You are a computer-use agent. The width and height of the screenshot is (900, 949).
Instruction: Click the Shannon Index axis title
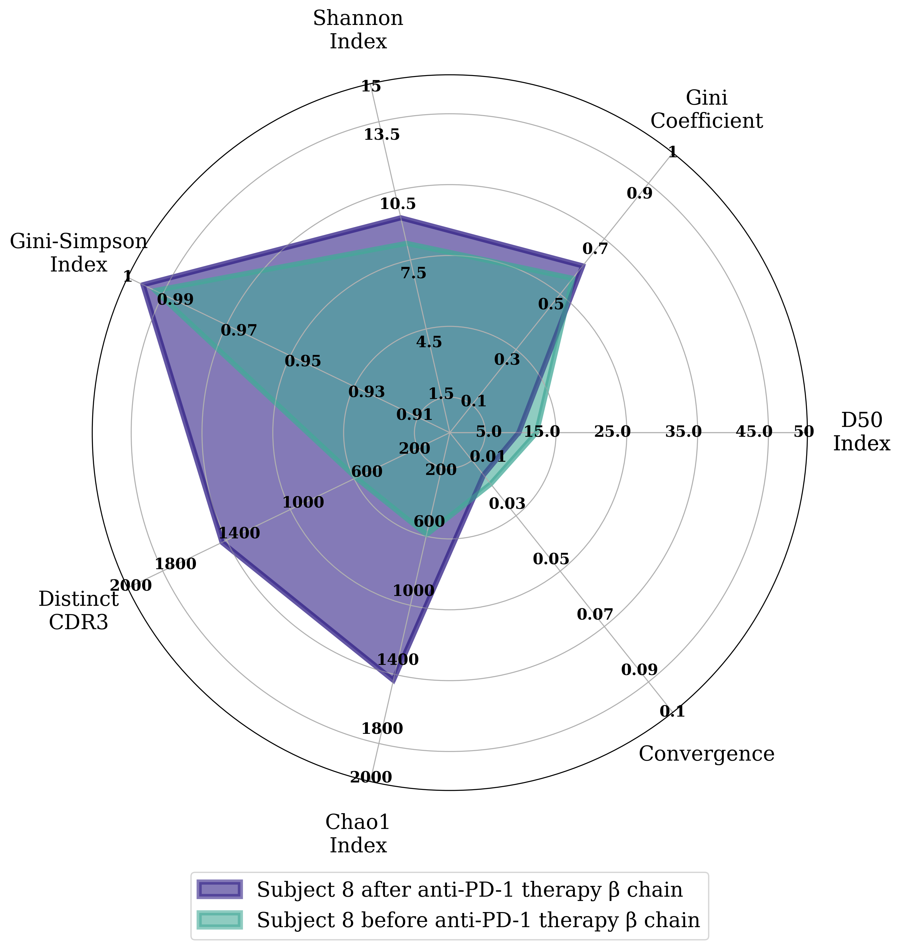click(x=358, y=30)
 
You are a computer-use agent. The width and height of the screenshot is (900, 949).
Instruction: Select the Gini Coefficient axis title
click(x=706, y=110)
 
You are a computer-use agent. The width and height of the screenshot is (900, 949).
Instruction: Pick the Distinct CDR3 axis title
click(x=79, y=611)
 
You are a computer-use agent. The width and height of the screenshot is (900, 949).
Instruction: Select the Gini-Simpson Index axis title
click(x=79, y=252)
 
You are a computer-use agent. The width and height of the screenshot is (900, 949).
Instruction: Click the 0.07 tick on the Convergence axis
click(x=595, y=614)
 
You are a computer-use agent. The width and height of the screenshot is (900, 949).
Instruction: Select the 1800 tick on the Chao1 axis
click(x=382, y=729)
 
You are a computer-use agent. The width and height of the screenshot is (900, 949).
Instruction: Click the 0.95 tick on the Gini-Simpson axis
click(x=303, y=361)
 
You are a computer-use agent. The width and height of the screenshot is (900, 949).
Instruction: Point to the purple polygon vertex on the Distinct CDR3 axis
click(x=220, y=542)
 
